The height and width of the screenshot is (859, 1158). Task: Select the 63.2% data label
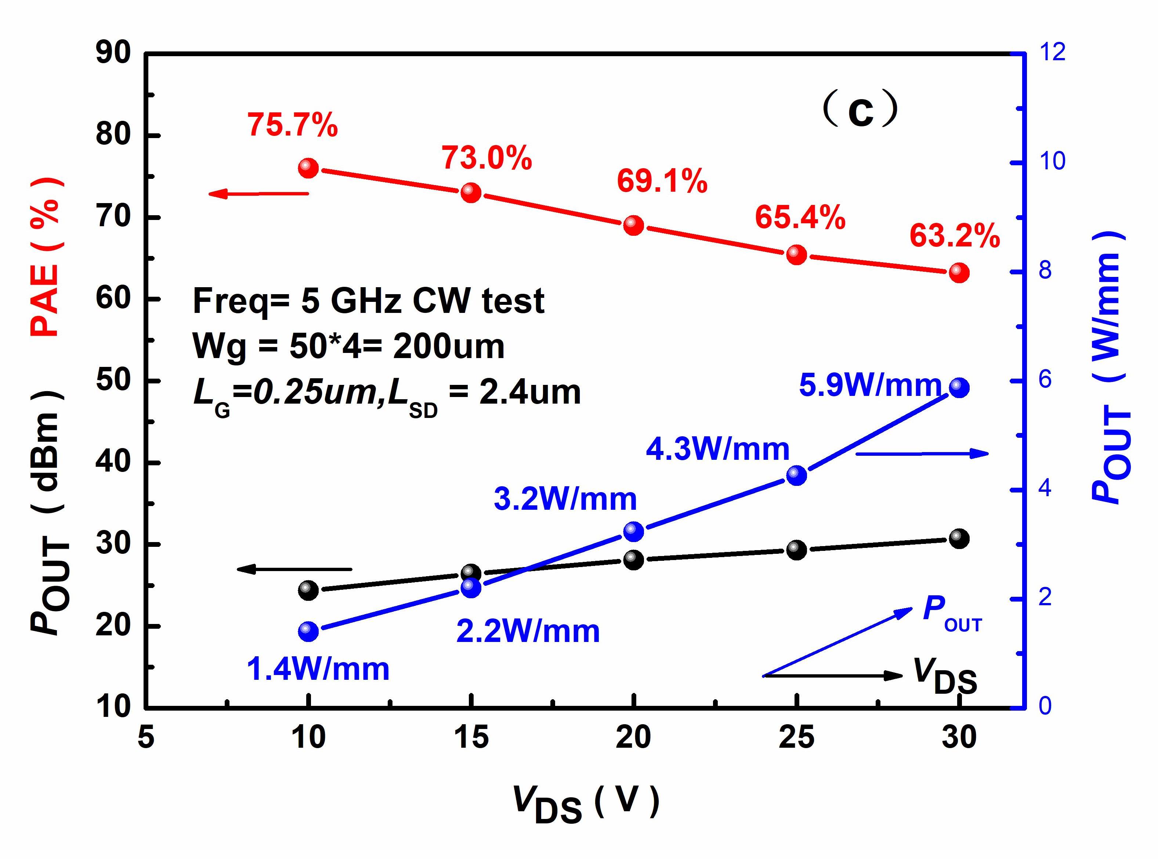[954, 237]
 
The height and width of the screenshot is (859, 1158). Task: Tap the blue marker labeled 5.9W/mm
[959, 388]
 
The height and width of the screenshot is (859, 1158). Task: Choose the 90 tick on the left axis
[113, 54]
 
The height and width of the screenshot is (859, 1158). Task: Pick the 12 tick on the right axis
[1051, 52]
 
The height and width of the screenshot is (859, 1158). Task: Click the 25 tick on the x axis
[796, 738]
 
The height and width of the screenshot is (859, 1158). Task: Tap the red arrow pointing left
[258, 194]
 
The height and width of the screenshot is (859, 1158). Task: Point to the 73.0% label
[487, 158]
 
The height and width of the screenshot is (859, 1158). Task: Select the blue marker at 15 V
[471, 588]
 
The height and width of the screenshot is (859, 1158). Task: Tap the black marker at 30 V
[959, 539]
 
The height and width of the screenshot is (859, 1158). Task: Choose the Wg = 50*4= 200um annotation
[348, 346]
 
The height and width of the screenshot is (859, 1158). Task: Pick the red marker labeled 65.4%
[797, 255]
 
